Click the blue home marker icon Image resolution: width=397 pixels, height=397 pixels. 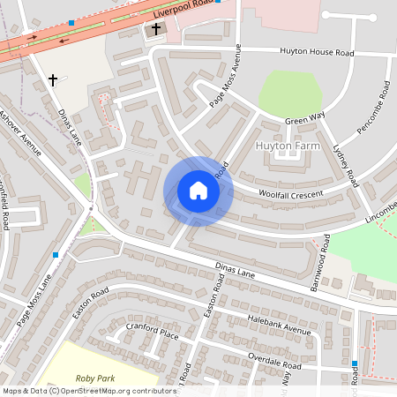pyautogui.click(x=198, y=190)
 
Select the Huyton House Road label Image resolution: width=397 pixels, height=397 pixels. pyautogui.click(x=317, y=53)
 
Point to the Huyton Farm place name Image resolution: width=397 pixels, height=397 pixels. pyautogui.click(x=288, y=144)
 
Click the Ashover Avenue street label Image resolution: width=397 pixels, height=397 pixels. pyautogui.click(x=20, y=132)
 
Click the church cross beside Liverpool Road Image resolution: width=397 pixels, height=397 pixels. pyautogui.click(x=156, y=29)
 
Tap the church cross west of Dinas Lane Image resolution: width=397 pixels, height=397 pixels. pyautogui.click(x=52, y=80)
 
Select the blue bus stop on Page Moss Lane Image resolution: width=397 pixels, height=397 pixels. pyautogui.click(x=56, y=254)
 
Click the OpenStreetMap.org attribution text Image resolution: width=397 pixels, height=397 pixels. pyautogui.click(x=117, y=390)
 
